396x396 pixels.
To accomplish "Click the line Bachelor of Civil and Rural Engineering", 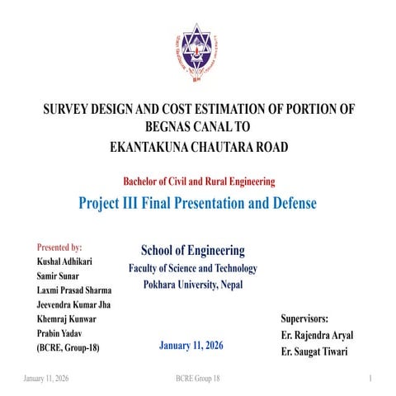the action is tap(198, 181).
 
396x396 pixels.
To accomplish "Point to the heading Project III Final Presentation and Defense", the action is tap(198, 202).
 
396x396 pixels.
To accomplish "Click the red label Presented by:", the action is tap(59, 247).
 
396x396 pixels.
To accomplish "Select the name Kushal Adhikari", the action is tap(64, 262).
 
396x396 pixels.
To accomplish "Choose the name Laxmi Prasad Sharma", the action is tap(74, 290).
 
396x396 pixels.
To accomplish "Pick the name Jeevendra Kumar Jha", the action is tap(74, 304).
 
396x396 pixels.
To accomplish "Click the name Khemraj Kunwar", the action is tap(66, 318).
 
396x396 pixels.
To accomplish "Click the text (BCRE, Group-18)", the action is tap(68, 348).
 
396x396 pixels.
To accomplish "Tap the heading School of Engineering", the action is tap(192, 250).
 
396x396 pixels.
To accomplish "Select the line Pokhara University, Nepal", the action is tap(192, 285).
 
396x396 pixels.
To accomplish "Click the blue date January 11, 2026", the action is tap(191, 345).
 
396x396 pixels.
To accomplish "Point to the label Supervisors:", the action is tap(304, 318).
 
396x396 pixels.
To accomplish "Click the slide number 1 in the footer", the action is tap(373, 377).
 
